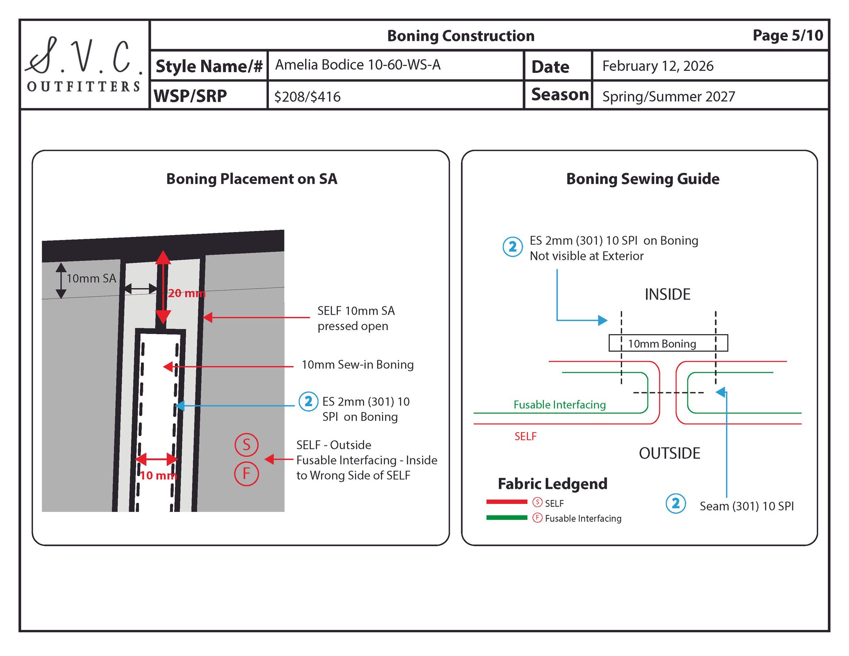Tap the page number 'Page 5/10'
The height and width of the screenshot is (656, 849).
788,35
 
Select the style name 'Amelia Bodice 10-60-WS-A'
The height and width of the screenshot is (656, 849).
358,65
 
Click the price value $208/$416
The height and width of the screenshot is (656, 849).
307,97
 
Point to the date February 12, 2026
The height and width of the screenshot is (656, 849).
658,66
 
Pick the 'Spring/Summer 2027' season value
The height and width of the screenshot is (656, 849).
668,97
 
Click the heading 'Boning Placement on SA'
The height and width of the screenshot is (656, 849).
252,179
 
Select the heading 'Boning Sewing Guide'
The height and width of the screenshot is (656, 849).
642,179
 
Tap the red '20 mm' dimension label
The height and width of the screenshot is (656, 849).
187,293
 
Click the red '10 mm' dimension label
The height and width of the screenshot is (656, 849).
158,476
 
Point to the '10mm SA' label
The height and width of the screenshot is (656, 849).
91,278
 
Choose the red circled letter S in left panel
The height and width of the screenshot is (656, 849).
246,445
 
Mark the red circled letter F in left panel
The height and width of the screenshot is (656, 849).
246,473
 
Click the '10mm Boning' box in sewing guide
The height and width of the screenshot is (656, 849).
668,343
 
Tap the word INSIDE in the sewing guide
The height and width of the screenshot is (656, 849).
667,294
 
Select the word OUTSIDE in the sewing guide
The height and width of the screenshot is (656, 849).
669,454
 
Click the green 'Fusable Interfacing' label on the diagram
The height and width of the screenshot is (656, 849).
559,404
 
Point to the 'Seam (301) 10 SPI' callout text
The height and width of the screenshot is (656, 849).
746,506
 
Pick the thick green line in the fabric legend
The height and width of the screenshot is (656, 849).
507,518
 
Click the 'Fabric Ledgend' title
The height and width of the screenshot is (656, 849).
552,484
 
